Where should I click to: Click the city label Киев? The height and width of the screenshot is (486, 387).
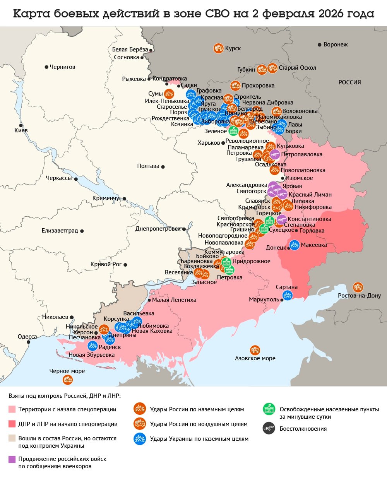21,130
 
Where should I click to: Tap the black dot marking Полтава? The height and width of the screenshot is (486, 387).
163,167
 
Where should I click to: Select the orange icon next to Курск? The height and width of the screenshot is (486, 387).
218,48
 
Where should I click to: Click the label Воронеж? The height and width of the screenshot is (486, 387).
335,44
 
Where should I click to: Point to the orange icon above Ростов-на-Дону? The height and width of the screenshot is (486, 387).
358,287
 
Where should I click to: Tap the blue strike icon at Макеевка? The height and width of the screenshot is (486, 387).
295,245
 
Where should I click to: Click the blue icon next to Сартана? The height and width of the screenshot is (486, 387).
288,295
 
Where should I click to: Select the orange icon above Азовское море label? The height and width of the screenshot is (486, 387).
255,350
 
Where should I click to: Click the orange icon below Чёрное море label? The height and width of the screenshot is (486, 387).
68,380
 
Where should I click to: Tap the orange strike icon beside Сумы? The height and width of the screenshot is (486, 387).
169,94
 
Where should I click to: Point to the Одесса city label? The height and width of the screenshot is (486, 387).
27,337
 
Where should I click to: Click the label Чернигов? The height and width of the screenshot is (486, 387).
62,67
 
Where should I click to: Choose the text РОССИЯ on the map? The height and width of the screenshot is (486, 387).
349,82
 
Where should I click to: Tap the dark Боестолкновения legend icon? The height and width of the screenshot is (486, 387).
269,428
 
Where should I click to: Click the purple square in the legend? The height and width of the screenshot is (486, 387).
12,459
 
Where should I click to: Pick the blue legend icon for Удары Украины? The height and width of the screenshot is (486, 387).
139,439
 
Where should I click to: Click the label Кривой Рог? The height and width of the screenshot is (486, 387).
106,264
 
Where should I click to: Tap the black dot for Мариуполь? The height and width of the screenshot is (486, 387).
282,300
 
